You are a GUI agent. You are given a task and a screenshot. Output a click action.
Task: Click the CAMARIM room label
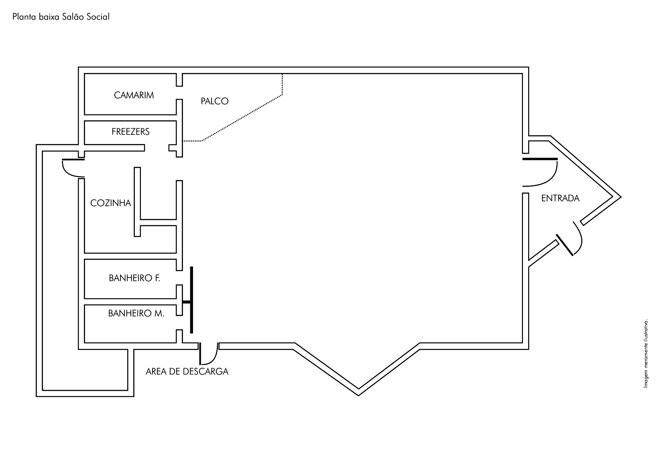tap(134, 95)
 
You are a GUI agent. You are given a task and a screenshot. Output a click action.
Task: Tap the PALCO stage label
tap(214, 101)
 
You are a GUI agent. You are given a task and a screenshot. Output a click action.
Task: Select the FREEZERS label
tap(130, 132)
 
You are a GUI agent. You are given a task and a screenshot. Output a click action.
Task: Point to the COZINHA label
tap(111, 203)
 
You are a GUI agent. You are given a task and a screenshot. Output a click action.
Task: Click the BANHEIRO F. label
tap(134, 278)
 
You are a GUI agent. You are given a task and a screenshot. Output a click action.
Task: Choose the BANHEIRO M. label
tap(136, 314)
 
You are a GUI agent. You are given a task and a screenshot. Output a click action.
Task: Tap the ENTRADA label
tap(560, 198)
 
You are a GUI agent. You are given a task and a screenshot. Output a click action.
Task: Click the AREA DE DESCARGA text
tap(187, 371)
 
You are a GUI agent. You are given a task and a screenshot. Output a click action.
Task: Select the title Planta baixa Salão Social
tap(61, 17)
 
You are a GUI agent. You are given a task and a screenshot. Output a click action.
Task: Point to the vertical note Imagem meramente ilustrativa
tap(646, 354)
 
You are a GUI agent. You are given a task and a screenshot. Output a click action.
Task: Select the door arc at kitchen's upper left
tap(72, 168)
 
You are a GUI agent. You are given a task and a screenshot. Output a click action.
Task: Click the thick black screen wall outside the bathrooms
tap(191, 300)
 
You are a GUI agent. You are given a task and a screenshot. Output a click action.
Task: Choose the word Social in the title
tap(98, 17)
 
